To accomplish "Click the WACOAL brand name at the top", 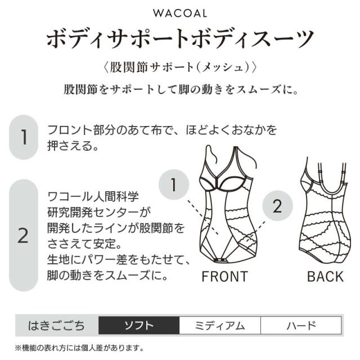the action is [180, 13].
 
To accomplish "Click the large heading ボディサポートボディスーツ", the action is [180, 39].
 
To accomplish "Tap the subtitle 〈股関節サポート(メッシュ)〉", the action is [180, 67].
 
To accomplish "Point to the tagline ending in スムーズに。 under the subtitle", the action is [181, 89].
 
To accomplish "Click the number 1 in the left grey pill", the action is [24, 137].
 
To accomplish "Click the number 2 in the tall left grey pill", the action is [23, 236].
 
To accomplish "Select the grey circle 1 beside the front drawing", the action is [174, 184].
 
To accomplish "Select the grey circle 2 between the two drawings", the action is [277, 206].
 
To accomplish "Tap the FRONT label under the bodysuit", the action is [225, 276].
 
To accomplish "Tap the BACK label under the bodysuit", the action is [325, 276].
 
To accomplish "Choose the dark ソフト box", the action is [139, 325].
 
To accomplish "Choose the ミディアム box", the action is [220, 325].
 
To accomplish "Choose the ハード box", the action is [301, 325].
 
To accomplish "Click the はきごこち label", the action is [56, 326].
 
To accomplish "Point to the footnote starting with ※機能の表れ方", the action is [79, 348].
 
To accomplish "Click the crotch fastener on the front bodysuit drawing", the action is [220, 260].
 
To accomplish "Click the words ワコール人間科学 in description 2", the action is [93, 197].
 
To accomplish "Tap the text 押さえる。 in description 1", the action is [73, 146].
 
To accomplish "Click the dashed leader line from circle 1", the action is [202, 217].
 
